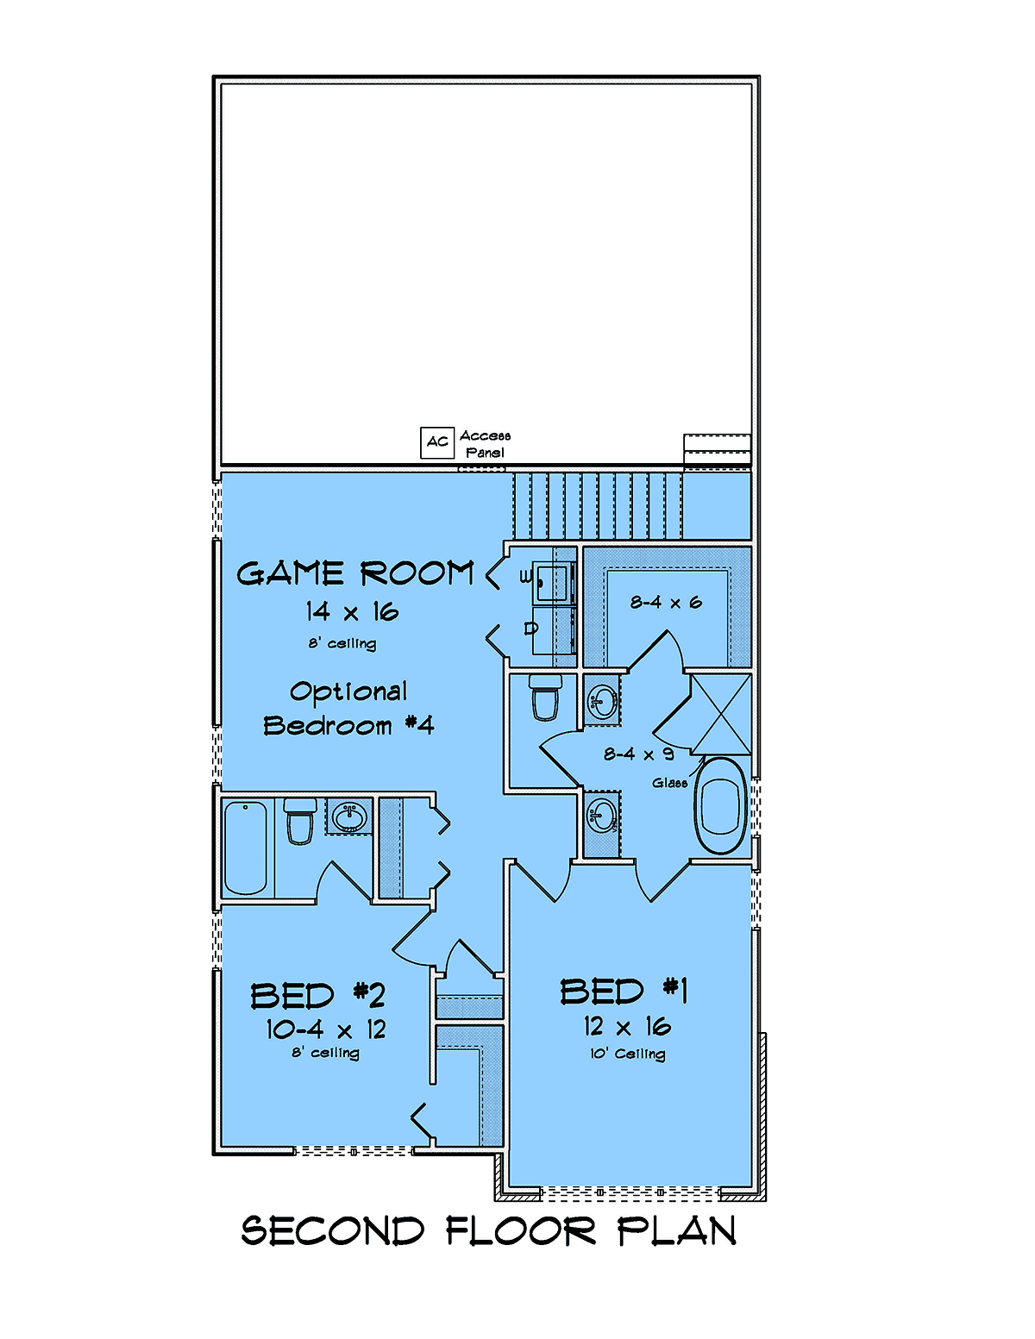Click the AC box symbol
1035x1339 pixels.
437,442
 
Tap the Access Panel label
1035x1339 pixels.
485,444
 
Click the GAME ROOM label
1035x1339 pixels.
355,573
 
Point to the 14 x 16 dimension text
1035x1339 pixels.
352,612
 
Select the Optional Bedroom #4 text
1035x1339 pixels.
349,709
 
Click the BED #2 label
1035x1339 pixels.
318,996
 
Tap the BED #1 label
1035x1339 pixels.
624,992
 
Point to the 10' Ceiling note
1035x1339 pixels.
628,1054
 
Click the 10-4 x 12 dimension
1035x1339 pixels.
326,1029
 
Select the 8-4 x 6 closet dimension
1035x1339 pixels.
666,602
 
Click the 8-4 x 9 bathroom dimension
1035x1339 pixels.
638,754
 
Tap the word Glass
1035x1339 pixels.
669,783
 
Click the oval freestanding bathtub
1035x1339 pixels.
720,805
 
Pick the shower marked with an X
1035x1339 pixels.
720,714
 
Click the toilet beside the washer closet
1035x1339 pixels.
546,697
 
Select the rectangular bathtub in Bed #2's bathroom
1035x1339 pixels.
245,848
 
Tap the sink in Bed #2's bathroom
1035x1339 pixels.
349,817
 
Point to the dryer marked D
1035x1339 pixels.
554,630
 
